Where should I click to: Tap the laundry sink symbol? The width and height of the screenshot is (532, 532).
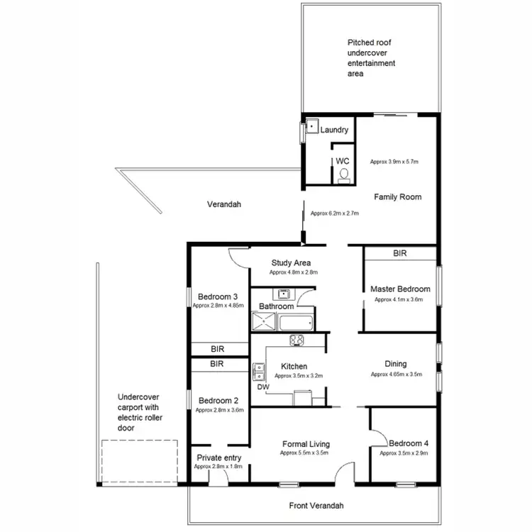(x=312, y=129)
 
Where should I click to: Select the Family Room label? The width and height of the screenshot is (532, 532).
(x=398, y=197)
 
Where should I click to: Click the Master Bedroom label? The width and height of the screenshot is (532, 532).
(x=400, y=289)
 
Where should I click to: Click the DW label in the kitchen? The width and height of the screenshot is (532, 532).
(x=263, y=387)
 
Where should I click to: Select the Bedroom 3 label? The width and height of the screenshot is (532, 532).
(x=218, y=297)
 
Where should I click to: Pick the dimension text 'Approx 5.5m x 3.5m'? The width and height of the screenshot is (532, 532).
(x=304, y=453)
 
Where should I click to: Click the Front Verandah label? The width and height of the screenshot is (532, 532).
(x=316, y=506)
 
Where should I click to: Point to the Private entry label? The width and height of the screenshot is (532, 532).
(x=219, y=458)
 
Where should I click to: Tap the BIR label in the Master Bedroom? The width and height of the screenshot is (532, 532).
(x=400, y=253)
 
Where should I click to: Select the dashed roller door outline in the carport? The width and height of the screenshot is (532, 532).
(x=139, y=461)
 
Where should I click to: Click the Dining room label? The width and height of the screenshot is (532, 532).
(x=396, y=364)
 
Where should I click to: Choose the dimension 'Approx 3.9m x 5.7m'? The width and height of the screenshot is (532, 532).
(x=394, y=162)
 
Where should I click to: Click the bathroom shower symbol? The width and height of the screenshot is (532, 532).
(x=264, y=323)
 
